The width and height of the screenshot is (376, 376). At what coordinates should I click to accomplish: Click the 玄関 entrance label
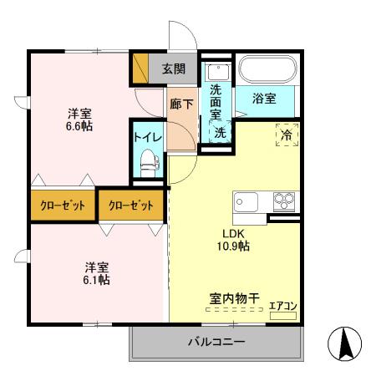coord(174,69)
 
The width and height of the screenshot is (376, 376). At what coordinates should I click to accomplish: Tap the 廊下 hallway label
coord(181,104)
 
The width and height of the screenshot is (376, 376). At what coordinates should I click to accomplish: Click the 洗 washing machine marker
coord(218,132)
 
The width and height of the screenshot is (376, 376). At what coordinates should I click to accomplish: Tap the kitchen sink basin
coord(247,202)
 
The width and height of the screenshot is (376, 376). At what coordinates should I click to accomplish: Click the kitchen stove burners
coord(285,202)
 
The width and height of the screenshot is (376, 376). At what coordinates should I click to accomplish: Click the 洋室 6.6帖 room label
coord(80,119)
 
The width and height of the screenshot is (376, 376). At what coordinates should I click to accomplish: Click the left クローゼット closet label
coord(63,206)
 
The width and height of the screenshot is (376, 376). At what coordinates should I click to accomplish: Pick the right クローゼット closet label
coord(130,206)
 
